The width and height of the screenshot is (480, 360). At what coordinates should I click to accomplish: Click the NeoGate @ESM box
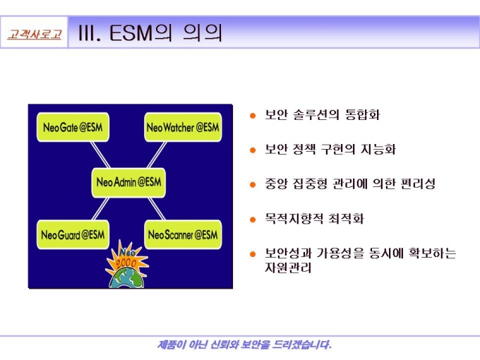73,127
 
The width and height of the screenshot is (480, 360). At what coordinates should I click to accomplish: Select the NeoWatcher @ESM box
183,127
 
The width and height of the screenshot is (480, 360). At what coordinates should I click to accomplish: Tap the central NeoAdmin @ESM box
128,182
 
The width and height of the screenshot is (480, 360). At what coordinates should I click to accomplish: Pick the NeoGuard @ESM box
73,234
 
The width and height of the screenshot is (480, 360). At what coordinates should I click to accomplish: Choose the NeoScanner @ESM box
183,234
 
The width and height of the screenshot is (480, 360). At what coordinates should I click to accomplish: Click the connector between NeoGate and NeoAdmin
100,155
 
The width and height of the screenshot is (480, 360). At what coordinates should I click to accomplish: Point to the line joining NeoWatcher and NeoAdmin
157,155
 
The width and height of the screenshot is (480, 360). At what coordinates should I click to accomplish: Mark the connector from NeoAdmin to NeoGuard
101,208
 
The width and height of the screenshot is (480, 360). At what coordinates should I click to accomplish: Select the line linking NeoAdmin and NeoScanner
157,208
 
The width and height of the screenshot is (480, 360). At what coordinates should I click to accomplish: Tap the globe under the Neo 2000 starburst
127,279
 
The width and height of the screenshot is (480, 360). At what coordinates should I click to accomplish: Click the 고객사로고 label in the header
35,34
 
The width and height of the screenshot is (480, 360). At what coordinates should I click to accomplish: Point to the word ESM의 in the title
140,32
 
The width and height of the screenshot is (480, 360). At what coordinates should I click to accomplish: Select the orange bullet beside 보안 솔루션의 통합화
253,115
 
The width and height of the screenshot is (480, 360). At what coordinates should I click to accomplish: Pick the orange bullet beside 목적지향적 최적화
253,220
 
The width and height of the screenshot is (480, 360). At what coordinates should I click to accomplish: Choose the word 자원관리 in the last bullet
288,268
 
